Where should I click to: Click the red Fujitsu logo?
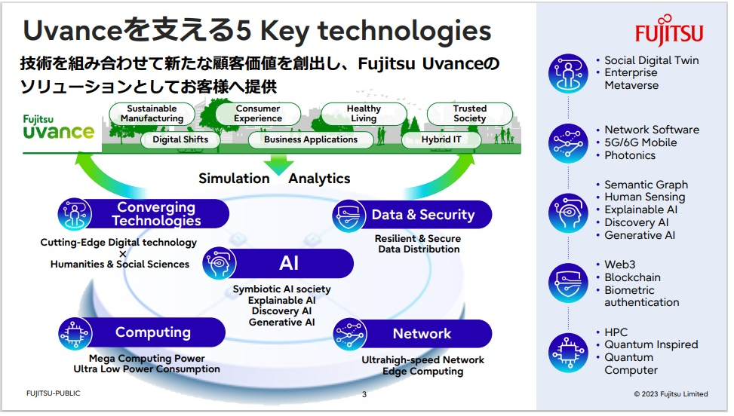tap(669, 30)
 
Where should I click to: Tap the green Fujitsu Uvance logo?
tap(59, 127)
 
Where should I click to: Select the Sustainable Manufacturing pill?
tap(152, 114)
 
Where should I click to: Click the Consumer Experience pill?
tap(258, 114)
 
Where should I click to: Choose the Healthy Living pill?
tap(364, 114)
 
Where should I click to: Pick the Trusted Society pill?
tap(469, 114)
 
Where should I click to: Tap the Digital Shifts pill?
tap(180, 139)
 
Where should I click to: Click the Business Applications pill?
tap(311, 139)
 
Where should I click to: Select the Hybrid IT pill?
tap(441, 139)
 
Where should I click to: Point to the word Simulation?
tap(234, 178)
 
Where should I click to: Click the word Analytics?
tap(319, 178)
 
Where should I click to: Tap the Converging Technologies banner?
tap(144, 214)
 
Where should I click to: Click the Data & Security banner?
tap(412, 215)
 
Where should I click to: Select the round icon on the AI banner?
tap(219, 263)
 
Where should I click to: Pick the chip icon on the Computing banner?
tap(75, 333)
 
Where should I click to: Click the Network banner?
tap(413, 334)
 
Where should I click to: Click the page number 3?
tap(364, 394)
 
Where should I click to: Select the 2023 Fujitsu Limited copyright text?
tap(671, 394)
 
